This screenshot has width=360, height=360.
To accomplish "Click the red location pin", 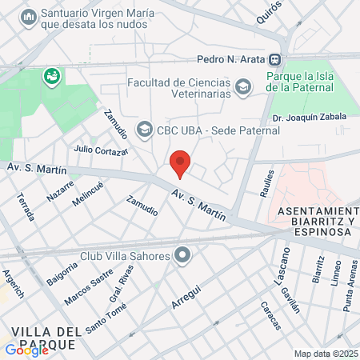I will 181,162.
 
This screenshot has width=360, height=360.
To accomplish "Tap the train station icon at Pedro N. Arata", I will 274,58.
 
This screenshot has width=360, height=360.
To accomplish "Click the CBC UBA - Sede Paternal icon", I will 144,128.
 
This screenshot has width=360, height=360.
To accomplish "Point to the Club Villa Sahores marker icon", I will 183,256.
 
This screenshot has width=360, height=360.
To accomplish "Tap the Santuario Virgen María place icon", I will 29,17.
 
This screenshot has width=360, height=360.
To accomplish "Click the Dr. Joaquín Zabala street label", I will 308,117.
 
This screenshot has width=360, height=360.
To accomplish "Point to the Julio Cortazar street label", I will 100,150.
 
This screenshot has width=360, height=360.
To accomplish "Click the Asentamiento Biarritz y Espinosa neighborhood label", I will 314,220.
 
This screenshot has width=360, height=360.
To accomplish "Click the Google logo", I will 26,350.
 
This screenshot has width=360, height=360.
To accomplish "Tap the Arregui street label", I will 186,295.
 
